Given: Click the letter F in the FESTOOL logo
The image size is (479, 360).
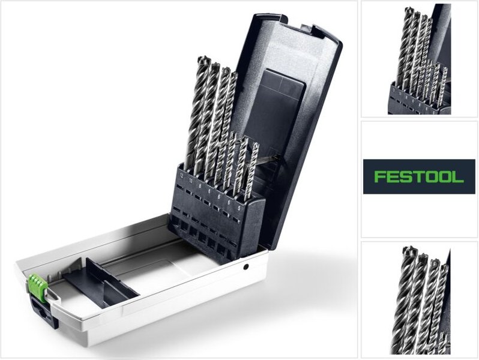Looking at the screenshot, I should point(378,176).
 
